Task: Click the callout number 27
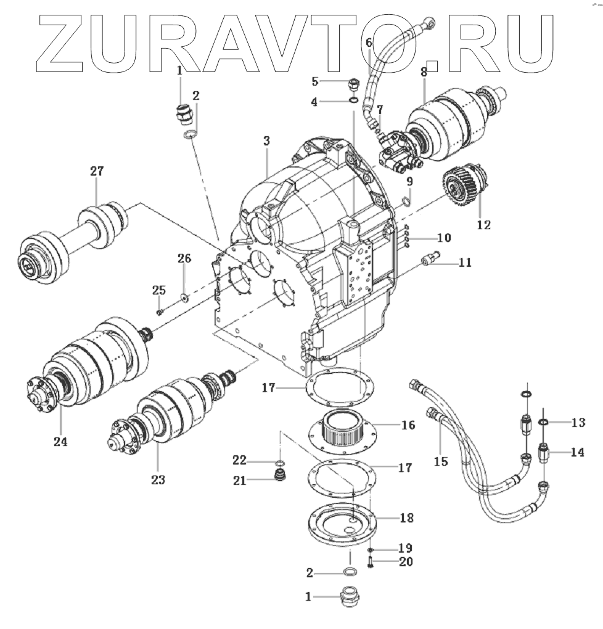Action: [x=97, y=172]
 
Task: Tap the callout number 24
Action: [x=60, y=442]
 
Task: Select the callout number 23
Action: [x=158, y=479]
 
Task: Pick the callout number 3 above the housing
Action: [x=266, y=141]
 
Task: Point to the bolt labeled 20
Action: [x=371, y=562]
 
